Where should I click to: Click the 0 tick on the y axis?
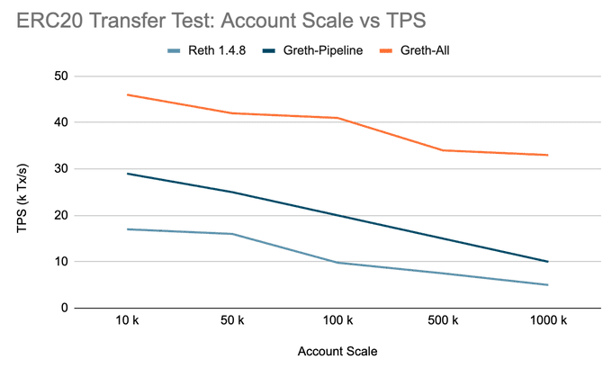[x=64, y=308]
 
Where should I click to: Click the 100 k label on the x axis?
[x=337, y=321]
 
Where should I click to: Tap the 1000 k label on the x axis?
[x=547, y=321]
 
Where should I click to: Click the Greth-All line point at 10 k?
[x=128, y=94]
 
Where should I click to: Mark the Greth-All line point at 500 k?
[x=443, y=150]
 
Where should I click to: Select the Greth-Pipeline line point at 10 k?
[x=128, y=174]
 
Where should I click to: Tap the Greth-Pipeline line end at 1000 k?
[x=547, y=262]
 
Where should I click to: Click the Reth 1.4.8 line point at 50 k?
[x=233, y=234]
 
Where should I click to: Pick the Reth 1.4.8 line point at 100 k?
[x=337, y=263]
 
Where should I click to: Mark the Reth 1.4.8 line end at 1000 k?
[x=547, y=285]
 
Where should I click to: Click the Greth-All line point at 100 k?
[x=337, y=118]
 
